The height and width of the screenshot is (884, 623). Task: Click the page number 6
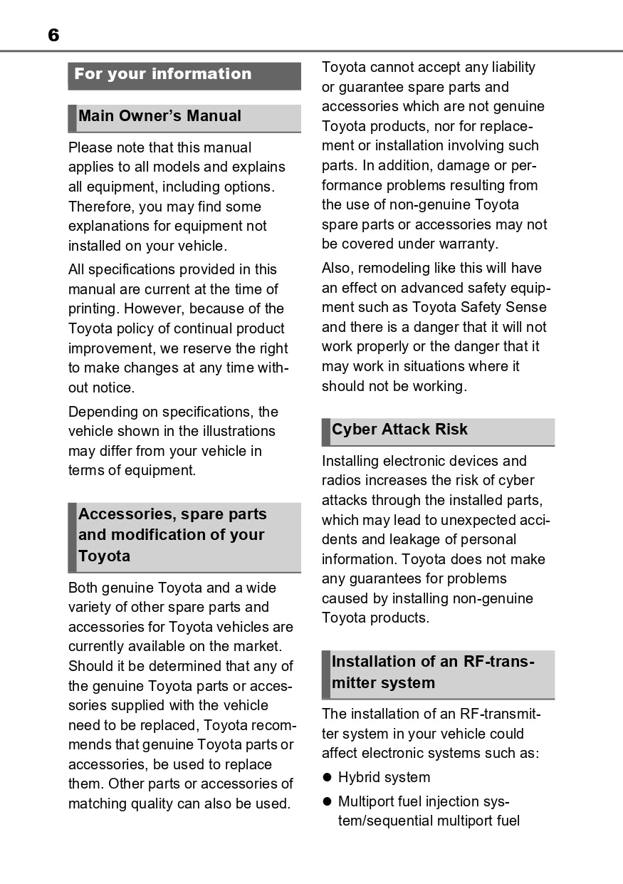[53, 35]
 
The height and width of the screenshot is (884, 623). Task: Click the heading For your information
[162, 74]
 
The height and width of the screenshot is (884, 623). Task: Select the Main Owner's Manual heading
[159, 116]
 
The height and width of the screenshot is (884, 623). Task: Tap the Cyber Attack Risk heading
[399, 430]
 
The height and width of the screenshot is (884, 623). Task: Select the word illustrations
[237, 431]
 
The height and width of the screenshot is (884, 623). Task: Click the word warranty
[466, 244]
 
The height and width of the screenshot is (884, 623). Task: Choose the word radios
[341, 481]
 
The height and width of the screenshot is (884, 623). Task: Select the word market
[258, 647]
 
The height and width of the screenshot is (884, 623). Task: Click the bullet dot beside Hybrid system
[328, 778]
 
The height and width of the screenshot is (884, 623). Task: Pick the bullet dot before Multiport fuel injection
[328, 801]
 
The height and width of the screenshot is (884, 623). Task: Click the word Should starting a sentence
[90, 667]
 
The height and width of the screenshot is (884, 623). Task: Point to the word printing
[93, 309]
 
